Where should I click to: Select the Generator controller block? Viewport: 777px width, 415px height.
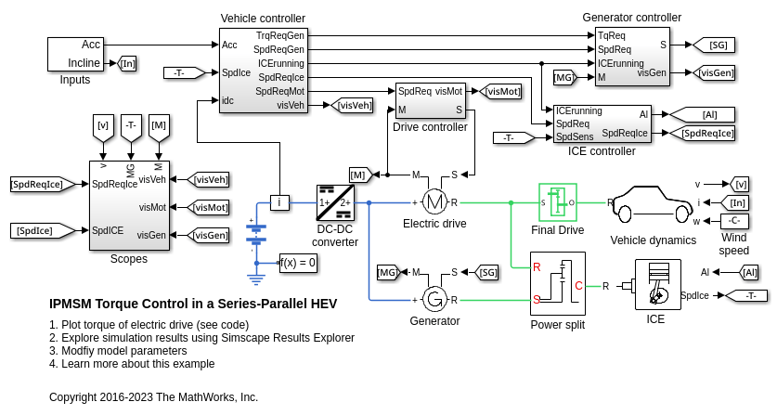click(631, 57)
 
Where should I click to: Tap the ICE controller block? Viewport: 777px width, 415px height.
click(602, 123)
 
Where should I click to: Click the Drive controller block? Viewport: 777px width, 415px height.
click(430, 100)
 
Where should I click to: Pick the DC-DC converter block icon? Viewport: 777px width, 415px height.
click(334, 202)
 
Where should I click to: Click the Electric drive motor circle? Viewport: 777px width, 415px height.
click(434, 201)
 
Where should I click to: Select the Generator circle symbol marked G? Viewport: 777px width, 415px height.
click(434, 299)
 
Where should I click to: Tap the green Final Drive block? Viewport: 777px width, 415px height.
click(558, 202)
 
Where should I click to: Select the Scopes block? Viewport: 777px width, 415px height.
click(129, 205)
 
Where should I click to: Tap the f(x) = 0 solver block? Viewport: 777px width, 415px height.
click(298, 263)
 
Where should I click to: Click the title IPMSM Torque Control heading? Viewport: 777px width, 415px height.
click(192, 304)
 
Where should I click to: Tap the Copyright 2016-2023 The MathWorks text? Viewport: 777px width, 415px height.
click(153, 397)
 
